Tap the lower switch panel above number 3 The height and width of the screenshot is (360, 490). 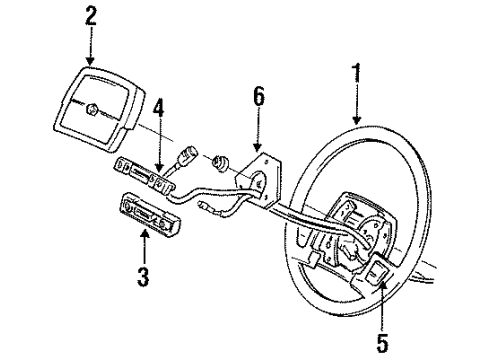[x=147, y=213]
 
